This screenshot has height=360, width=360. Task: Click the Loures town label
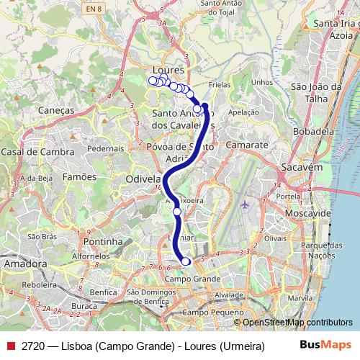(170, 71)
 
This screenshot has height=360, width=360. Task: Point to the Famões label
(79, 176)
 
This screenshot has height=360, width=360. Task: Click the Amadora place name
(25, 264)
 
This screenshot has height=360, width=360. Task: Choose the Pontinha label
(102, 242)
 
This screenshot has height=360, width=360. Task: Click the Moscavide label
(307, 215)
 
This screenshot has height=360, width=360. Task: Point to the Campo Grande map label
(192, 278)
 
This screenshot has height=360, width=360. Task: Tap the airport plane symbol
(245, 204)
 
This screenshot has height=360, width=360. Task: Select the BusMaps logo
(325, 344)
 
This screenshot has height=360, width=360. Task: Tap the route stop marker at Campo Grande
(186, 261)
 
